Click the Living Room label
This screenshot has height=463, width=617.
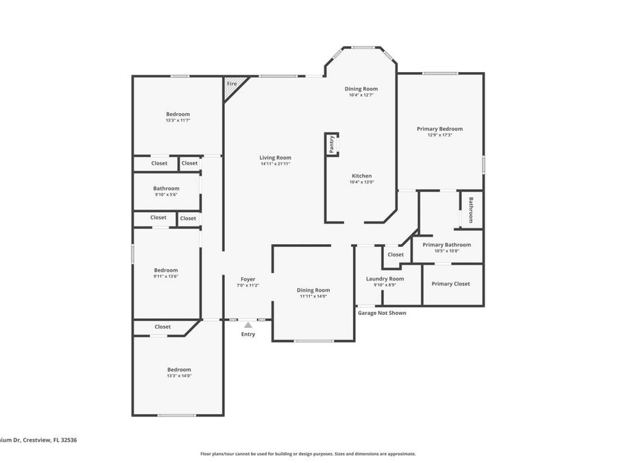click(276, 158)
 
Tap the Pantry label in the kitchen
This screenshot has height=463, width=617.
click(332, 144)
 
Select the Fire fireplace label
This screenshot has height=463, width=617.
click(232, 84)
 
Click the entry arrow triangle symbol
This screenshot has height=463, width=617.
click(247, 325)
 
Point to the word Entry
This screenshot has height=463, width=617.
click(247, 334)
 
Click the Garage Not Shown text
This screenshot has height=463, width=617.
click(382, 313)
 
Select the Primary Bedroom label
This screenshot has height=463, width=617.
click(439, 128)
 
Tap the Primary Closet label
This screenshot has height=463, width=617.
click(450, 283)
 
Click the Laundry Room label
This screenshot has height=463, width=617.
click(385, 278)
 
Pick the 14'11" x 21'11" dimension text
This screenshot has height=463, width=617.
click(276, 164)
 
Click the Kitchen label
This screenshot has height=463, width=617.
click(361, 176)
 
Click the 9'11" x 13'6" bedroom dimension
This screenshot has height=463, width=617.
click(166, 276)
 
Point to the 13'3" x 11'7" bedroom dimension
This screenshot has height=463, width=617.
click(178, 120)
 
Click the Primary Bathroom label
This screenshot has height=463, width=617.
click(446, 244)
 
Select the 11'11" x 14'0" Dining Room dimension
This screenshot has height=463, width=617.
click(313, 296)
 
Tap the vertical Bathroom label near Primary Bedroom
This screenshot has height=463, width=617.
click(471, 210)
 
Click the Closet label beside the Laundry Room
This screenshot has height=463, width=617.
click(396, 254)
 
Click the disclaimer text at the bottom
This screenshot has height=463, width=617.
click(308, 453)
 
